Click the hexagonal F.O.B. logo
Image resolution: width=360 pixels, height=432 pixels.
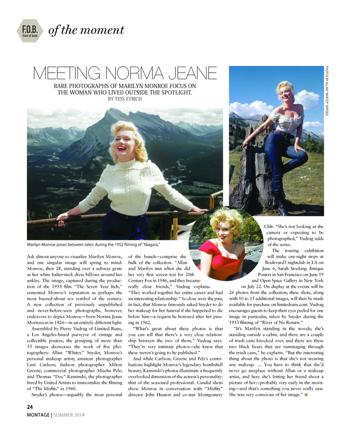[x=29, y=31]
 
